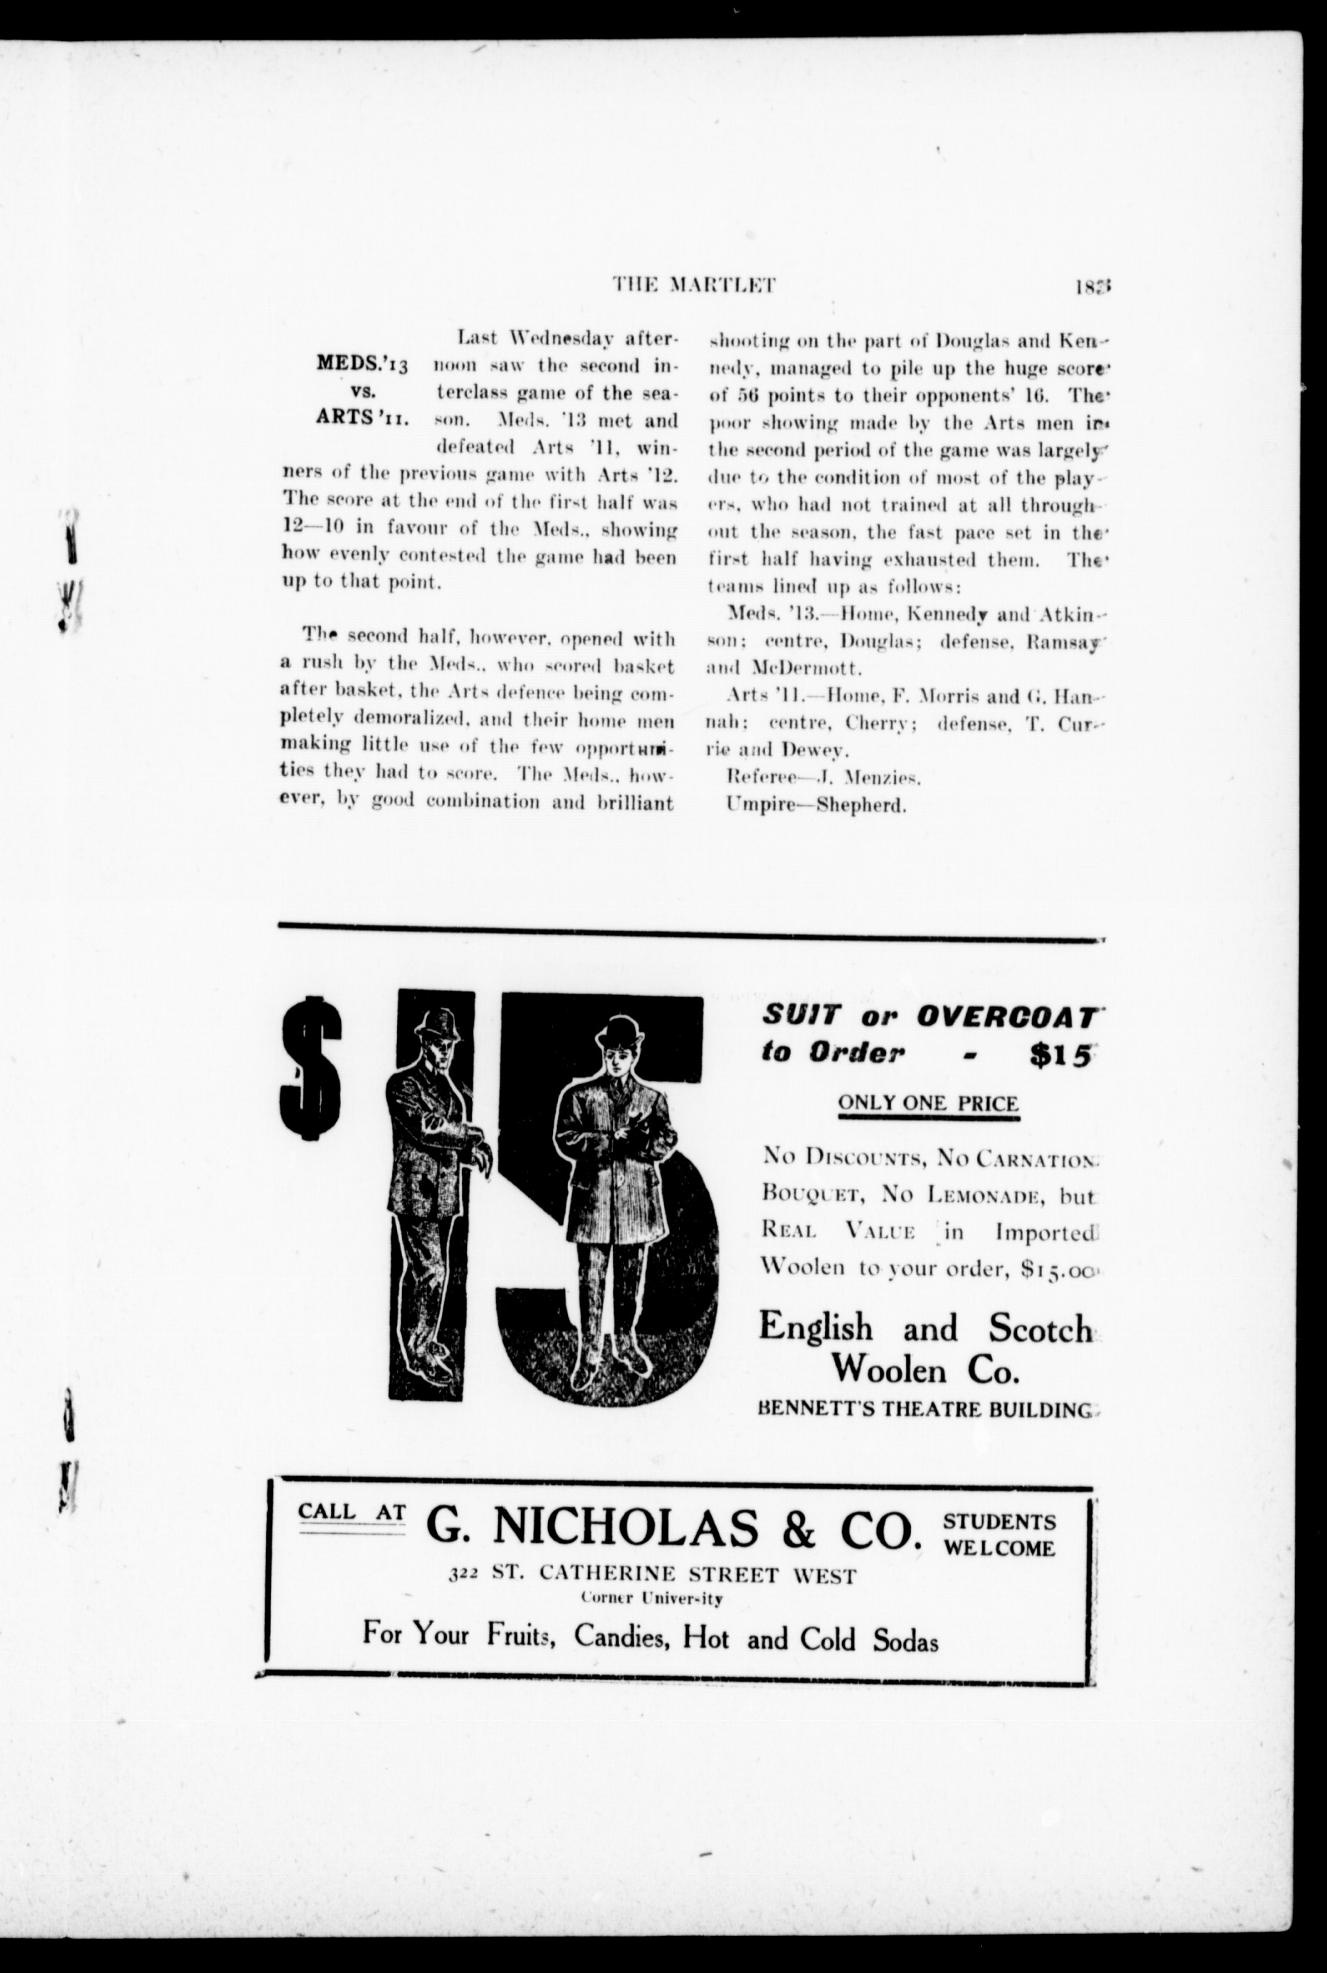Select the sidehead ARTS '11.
coord(362,418)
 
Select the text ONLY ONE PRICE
coord(927,1103)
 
